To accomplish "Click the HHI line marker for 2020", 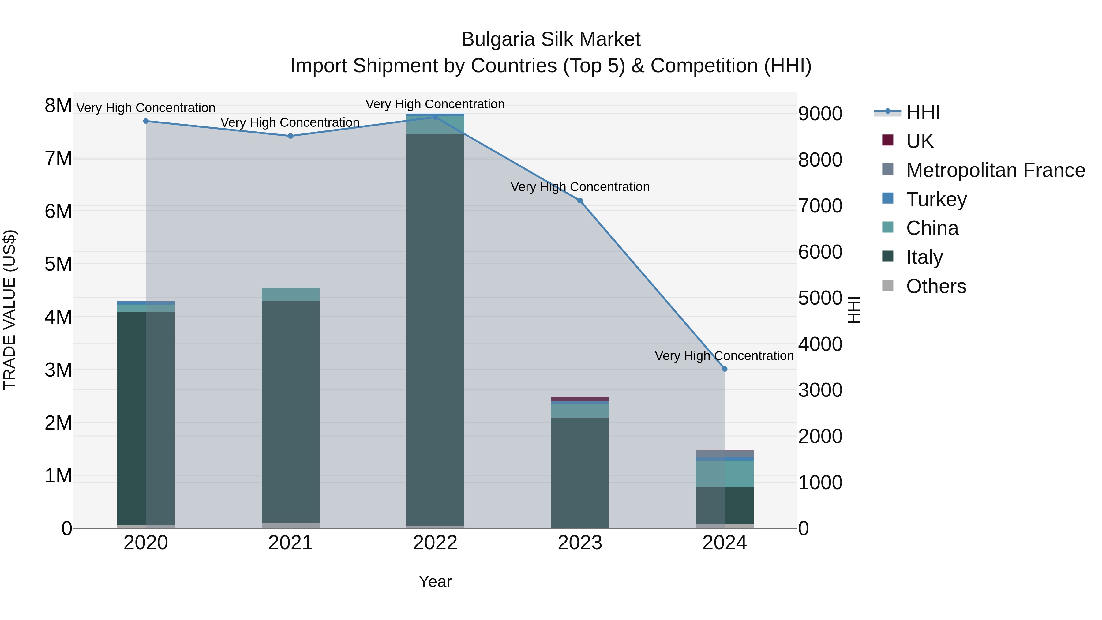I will coord(146,121).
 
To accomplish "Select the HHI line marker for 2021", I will coord(290,136).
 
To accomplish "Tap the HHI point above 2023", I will coord(580,201).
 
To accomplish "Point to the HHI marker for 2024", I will coord(725,369).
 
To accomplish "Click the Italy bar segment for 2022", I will coord(435,329).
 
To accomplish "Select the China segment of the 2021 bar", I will coord(290,294).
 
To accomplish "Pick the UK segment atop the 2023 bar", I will coord(580,399).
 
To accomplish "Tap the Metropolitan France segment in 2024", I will coord(725,453).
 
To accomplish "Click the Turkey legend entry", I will coord(936,199).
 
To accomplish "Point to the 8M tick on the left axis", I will coord(58,106).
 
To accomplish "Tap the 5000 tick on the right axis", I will coord(820,298).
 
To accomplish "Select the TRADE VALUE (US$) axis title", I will coord(10,310).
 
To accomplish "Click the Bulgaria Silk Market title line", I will coord(551,39).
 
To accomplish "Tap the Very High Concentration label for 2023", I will coord(580,187).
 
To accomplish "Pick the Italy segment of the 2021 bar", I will coord(290,411).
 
